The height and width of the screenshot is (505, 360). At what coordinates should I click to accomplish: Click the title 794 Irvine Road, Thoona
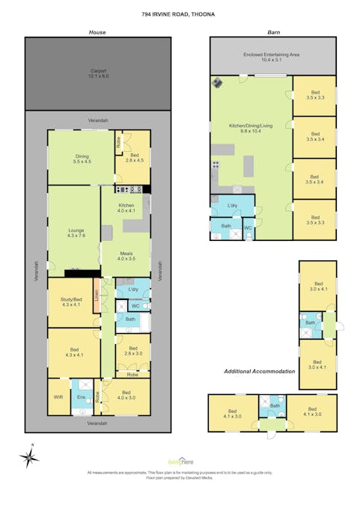(x=180, y=13)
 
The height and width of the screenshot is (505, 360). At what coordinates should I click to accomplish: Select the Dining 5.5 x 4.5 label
(x=82, y=159)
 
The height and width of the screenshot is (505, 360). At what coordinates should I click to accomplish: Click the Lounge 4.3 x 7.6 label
(x=75, y=233)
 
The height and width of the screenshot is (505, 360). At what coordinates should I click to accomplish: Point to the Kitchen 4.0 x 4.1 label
(x=126, y=208)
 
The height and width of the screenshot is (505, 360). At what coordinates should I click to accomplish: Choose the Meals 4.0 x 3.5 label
(x=126, y=255)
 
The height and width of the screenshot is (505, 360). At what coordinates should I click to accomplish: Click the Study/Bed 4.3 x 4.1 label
(x=73, y=302)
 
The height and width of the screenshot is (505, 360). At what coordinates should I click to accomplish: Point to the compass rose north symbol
(x=29, y=457)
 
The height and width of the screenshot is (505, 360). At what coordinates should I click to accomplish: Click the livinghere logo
(x=180, y=462)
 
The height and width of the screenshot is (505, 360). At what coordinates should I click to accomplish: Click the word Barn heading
(x=273, y=32)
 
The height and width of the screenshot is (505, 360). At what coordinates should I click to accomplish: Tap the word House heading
(x=97, y=32)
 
